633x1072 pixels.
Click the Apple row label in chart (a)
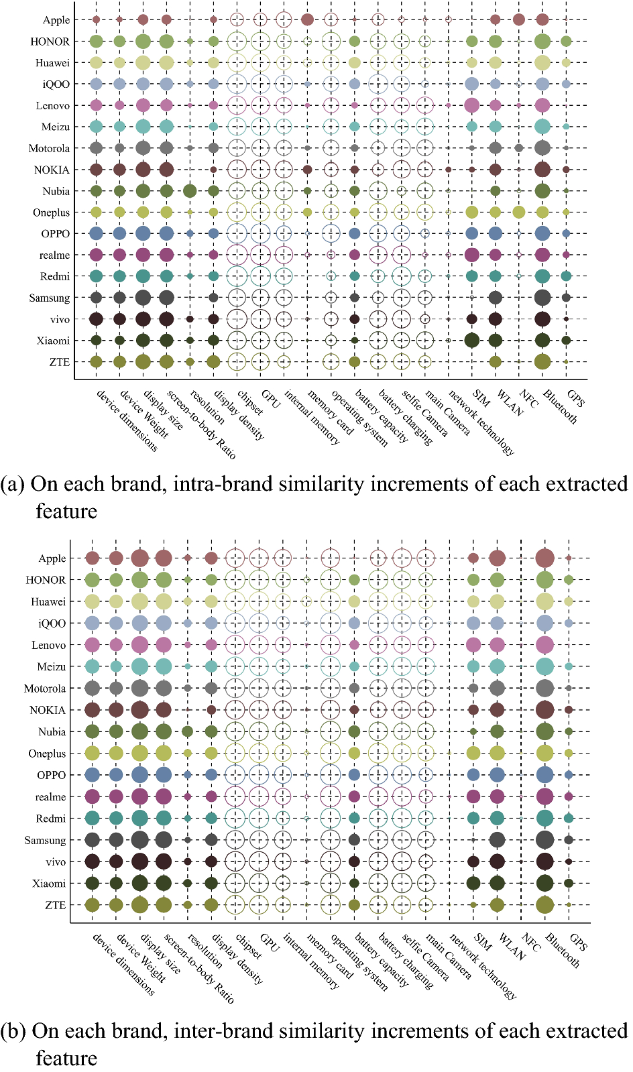(x=56, y=20)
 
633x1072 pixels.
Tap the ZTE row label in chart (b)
(x=55, y=905)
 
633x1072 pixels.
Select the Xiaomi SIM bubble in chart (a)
(x=471, y=340)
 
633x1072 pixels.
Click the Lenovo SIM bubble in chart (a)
(x=471, y=105)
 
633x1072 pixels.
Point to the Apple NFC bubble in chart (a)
(x=518, y=19)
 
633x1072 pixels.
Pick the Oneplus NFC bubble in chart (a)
(x=518, y=213)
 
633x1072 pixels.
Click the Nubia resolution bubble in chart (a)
(x=190, y=191)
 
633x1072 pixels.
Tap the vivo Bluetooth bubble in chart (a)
(x=542, y=319)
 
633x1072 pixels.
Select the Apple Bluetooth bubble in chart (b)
(x=544, y=558)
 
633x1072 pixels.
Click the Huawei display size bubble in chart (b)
(x=139, y=601)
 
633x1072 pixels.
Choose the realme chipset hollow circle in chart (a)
(x=237, y=255)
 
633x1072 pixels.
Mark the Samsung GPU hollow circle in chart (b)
(x=259, y=840)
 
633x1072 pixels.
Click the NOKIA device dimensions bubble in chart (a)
(x=96, y=170)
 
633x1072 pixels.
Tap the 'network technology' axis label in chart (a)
(x=481, y=422)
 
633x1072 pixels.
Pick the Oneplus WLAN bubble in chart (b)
(x=497, y=754)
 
